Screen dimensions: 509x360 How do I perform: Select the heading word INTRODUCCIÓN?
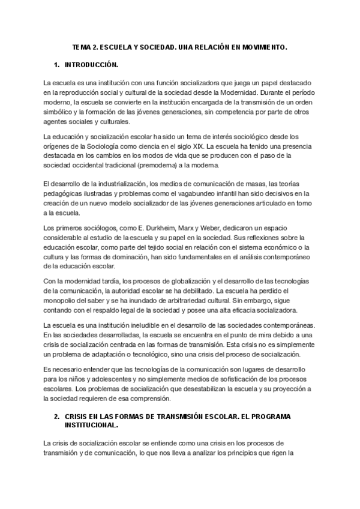(x=92, y=64)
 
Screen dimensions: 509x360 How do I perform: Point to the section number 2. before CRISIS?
(x=56, y=415)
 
